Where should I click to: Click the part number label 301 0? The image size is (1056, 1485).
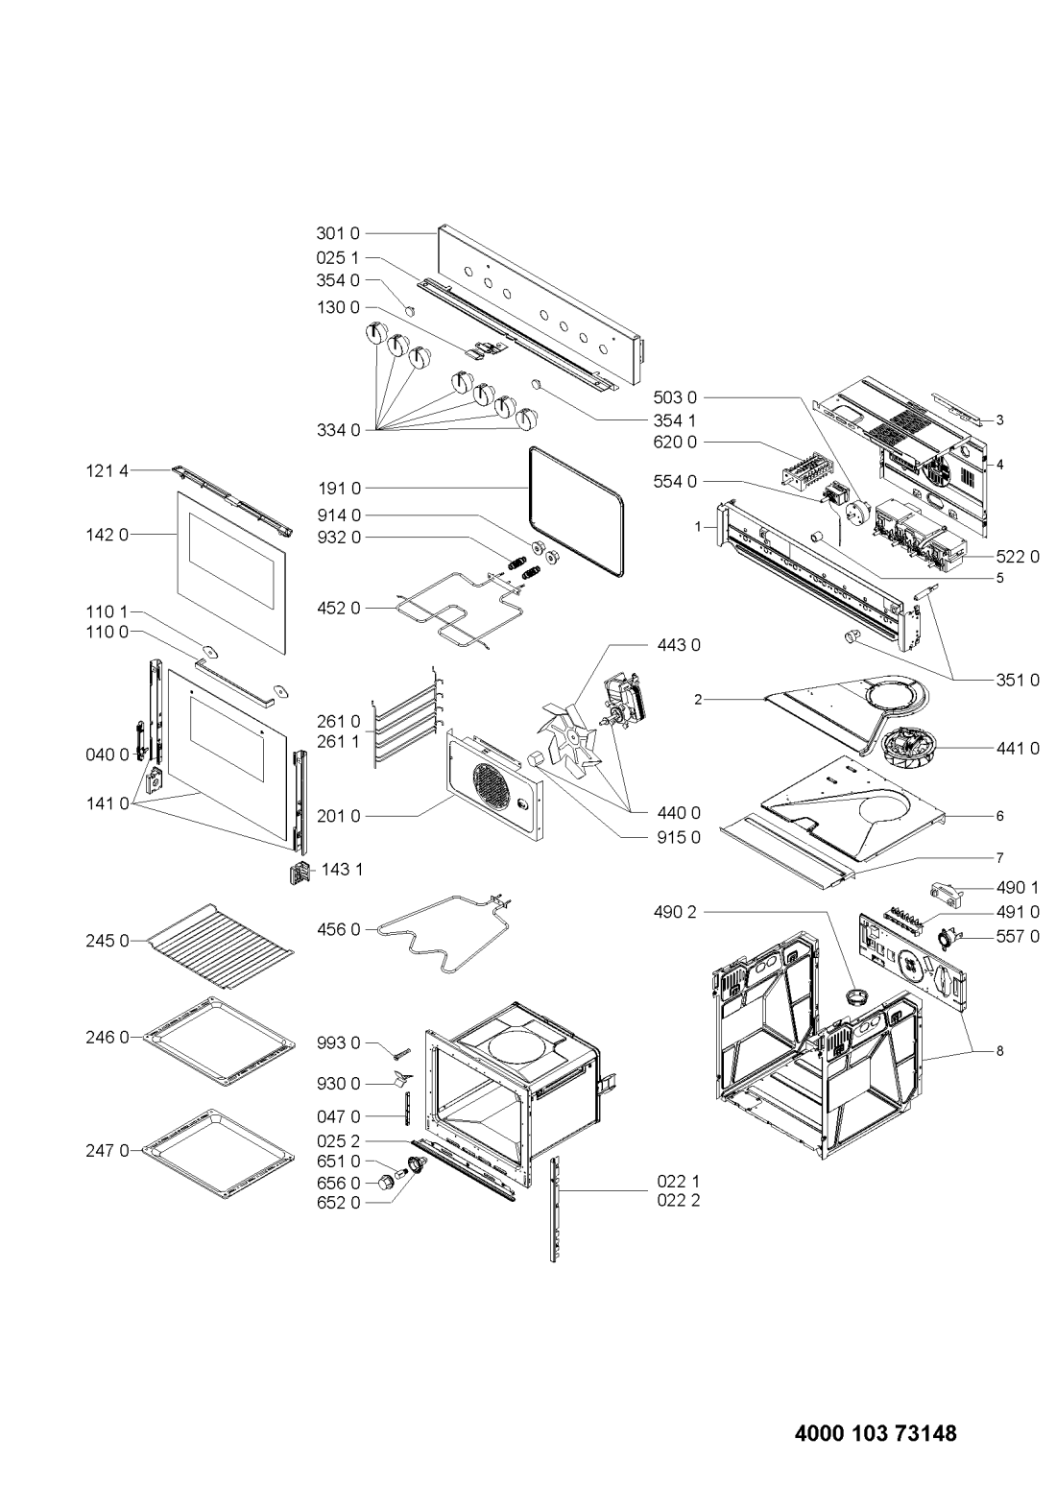tap(337, 233)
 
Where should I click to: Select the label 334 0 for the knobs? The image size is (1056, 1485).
tap(338, 430)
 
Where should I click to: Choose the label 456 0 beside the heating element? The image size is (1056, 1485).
tap(338, 930)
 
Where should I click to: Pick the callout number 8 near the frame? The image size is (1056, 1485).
tap(999, 1051)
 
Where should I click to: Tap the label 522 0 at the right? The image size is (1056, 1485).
tap(1018, 557)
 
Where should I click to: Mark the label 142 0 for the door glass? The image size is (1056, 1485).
tap(107, 535)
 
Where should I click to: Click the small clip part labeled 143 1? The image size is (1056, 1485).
tap(300, 873)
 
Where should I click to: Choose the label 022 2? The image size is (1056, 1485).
tap(678, 1201)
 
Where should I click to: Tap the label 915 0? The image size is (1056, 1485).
tap(678, 837)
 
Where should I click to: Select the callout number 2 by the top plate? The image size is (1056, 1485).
tap(698, 700)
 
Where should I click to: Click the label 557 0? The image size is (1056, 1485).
tap(1018, 937)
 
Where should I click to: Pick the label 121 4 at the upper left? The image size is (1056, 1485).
tap(107, 470)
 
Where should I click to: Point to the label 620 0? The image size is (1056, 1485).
tap(675, 442)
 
